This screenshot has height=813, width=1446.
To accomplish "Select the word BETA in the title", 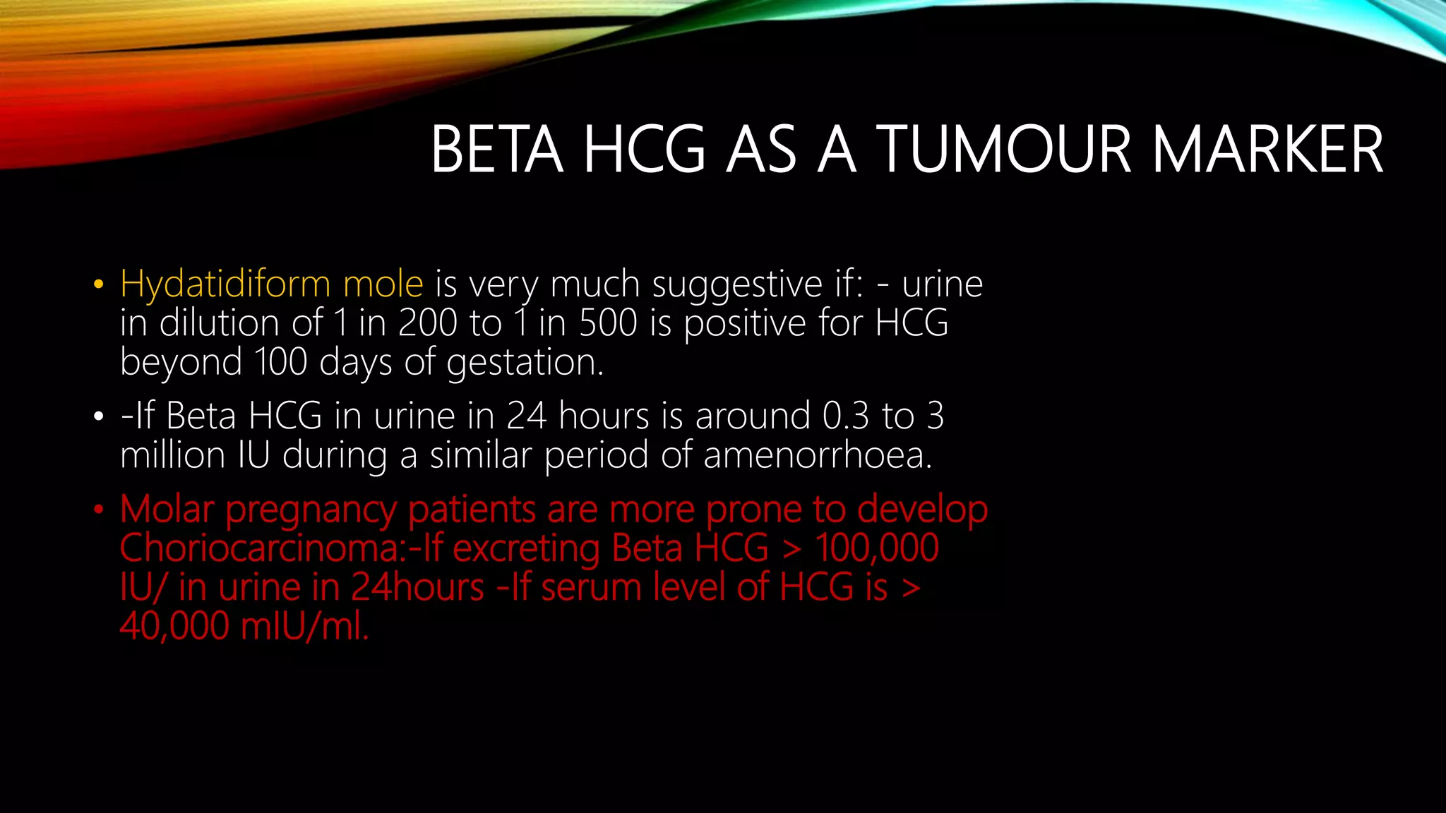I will click(497, 150).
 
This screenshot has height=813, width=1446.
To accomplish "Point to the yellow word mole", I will click(383, 285).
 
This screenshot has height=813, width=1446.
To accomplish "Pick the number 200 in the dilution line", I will click(428, 323).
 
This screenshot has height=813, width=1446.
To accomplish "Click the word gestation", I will click(525, 363).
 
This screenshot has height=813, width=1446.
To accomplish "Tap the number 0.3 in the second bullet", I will click(846, 416).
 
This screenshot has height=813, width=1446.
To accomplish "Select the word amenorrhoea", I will click(818, 455).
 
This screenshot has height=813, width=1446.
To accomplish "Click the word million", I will click(172, 455).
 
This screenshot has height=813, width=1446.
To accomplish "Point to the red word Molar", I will click(167, 510).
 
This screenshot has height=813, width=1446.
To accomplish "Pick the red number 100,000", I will click(877, 548).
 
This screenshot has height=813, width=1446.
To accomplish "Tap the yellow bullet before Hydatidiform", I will click(98, 286).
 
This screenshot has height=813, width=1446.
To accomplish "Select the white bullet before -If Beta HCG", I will click(98, 417).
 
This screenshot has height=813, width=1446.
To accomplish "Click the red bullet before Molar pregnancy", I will click(98, 510).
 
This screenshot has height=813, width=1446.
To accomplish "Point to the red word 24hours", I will click(417, 588).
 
